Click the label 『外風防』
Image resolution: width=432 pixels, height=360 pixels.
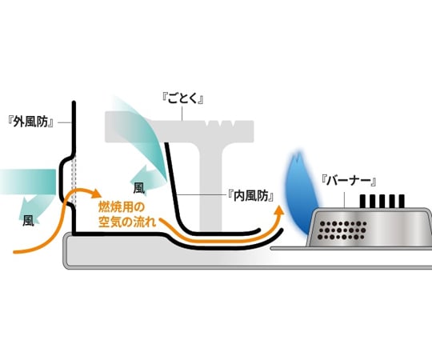31,122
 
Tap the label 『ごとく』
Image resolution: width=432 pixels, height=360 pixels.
182,98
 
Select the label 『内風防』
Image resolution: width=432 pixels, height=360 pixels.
251,196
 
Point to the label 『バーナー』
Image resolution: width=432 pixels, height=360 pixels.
349,181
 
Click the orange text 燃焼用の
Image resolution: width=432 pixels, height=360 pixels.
122,208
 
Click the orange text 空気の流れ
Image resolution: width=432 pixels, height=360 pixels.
127,222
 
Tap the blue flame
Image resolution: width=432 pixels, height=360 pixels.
300,194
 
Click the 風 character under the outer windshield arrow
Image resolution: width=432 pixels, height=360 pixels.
28,221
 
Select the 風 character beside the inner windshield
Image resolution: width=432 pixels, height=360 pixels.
138,189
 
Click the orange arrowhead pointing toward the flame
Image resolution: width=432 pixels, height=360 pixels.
280,210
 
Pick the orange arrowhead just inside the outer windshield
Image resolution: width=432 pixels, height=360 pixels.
96,194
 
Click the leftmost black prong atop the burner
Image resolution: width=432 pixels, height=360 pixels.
362,201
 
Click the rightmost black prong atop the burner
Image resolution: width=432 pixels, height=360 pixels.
402,201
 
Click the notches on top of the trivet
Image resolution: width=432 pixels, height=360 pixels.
222,123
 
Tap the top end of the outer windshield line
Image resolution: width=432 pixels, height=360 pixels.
74,102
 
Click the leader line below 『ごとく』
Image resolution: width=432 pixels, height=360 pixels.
182,114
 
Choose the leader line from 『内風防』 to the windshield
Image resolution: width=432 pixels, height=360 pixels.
201,194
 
